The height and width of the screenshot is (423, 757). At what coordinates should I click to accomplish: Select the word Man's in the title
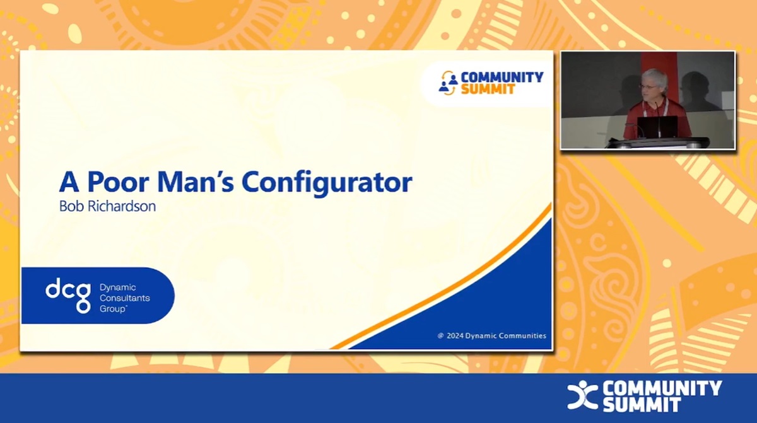pyautogui.click(x=190, y=182)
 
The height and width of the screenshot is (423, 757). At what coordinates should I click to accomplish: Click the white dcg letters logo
pyautogui.click(x=68, y=295)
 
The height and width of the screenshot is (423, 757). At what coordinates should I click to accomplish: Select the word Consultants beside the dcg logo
pyautogui.click(x=124, y=298)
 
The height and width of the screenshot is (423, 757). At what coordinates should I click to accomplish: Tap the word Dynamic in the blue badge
pyautogui.click(x=117, y=287)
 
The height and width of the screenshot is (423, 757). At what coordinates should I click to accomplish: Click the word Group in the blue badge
pyautogui.click(x=112, y=310)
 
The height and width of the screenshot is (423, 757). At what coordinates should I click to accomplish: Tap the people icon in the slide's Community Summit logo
pyautogui.click(x=449, y=83)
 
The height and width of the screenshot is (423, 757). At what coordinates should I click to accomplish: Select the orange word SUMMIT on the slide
pyautogui.click(x=488, y=90)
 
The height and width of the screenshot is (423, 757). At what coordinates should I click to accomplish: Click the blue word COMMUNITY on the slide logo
pyautogui.click(x=502, y=77)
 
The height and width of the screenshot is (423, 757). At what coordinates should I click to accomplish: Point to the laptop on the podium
pyautogui.click(x=656, y=127)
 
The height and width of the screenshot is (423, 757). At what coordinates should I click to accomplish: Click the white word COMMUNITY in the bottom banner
pyautogui.click(x=662, y=388)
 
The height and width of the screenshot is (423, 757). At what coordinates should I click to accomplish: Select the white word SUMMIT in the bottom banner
pyautogui.click(x=641, y=405)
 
